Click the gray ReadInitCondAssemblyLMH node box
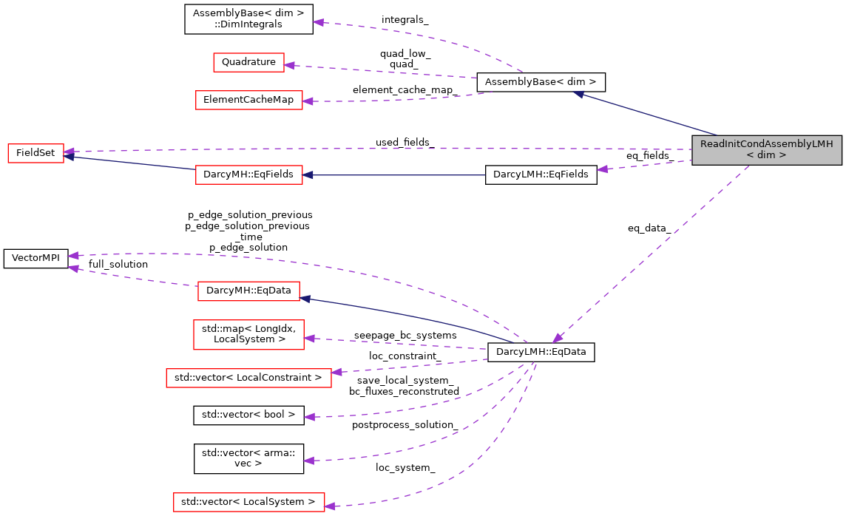767,150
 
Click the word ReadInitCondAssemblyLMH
766,144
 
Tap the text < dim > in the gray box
766,156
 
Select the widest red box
248,378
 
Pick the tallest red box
248,334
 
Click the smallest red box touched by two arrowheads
35,153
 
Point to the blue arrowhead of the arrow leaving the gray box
579,94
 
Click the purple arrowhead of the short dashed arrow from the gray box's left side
603,169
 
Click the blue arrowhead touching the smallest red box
69,157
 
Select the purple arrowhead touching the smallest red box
69,151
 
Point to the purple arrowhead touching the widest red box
336,372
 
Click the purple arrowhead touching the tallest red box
309,339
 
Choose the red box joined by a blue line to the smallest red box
248,174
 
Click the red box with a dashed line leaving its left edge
248,291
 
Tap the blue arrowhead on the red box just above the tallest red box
305,299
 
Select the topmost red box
248,62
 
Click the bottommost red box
248,502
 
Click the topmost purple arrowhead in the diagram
318,23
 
